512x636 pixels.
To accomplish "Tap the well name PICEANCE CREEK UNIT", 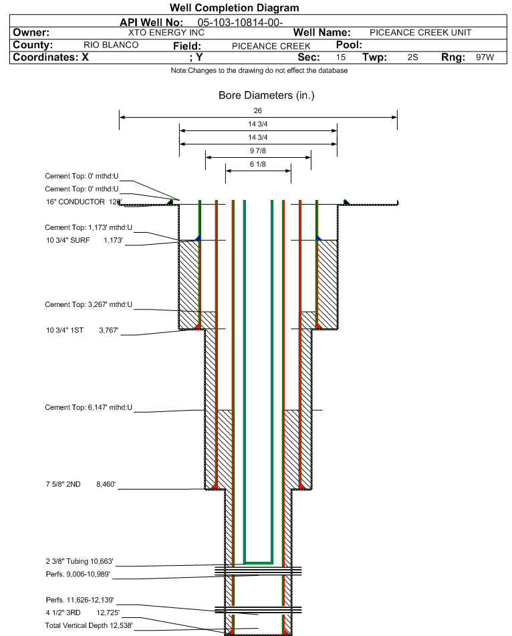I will point(420,32).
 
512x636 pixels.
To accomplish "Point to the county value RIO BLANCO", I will point(111,45).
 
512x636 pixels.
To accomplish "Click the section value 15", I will point(341,58).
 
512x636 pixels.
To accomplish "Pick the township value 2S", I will point(412,58).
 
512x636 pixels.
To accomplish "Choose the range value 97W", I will point(485,58).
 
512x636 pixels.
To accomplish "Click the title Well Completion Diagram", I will point(235,8).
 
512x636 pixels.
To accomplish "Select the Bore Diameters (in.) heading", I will point(266,96).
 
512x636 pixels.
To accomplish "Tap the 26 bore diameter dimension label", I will point(258,110).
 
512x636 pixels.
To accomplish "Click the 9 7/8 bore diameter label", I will point(258,150).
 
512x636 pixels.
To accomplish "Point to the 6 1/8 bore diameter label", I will point(258,164).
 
